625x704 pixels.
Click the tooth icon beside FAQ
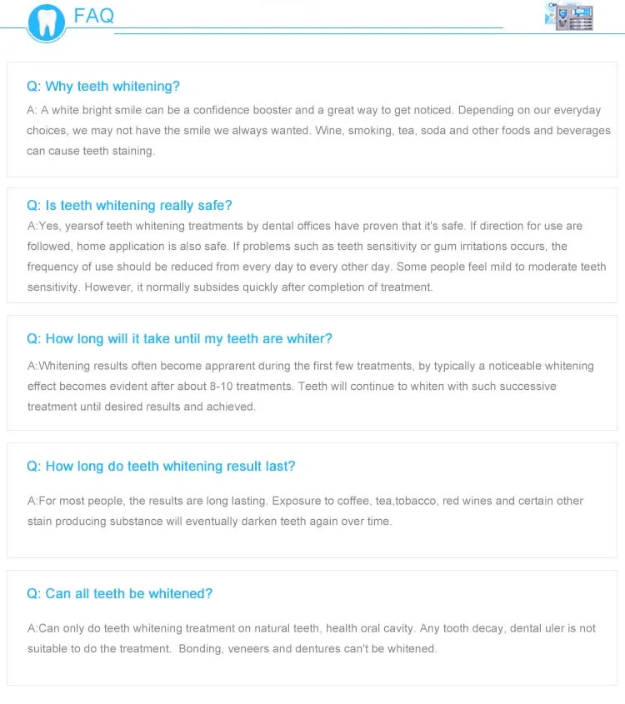[x=46, y=22]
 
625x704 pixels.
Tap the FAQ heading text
[x=93, y=15]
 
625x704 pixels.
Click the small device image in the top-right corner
[x=569, y=16]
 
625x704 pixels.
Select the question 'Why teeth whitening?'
[x=103, y=87]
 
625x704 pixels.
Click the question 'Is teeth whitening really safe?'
[x=129, y=206]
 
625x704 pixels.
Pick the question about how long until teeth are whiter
[x=179, y=339]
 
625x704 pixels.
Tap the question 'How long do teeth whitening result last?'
[x=161, y=467]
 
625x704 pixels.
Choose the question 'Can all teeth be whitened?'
[x=119, y=594]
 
